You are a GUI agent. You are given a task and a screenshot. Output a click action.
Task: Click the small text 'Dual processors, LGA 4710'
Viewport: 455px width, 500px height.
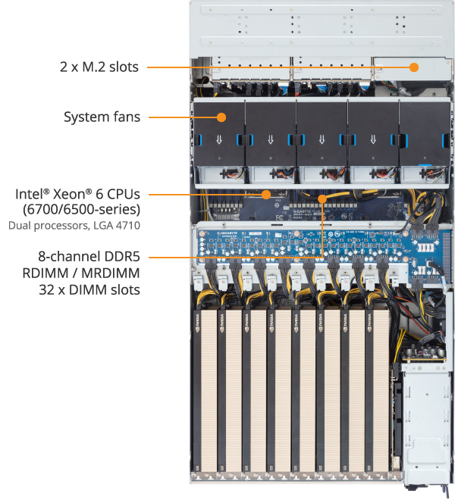74,225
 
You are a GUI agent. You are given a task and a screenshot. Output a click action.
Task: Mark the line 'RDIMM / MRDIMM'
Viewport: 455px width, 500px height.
95,272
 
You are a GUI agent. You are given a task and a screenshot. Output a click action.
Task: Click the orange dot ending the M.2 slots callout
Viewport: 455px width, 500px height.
414,67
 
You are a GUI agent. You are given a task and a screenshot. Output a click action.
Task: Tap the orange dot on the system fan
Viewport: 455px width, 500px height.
221,117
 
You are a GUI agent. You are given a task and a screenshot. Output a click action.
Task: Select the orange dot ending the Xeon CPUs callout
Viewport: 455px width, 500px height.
266,194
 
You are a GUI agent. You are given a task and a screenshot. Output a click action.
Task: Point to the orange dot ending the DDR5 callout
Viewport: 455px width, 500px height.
323,199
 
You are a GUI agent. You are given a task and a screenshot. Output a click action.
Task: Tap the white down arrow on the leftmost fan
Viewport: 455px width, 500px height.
220,139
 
